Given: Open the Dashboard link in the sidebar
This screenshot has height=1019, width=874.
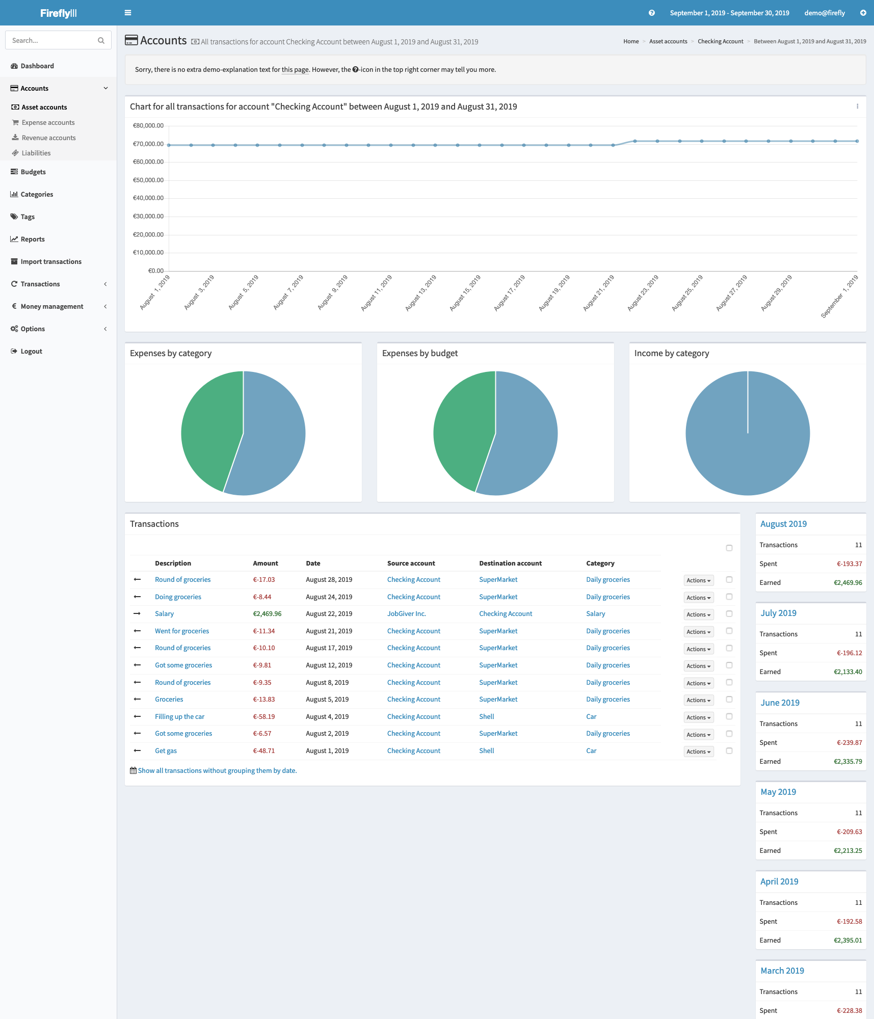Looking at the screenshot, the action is (x=37, y=66).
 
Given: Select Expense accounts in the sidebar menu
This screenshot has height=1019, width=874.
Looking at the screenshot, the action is (x=48, y=122).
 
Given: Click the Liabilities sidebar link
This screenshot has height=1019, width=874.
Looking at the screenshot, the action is (x=36, y=153).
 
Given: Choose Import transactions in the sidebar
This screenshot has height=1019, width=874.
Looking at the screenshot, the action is (x=51, y=261).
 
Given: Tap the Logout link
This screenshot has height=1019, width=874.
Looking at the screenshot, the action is (x=32, y=351).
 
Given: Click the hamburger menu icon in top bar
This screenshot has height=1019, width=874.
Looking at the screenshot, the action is (x=128, y=13).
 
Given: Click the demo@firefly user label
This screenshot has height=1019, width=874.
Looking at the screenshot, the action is (x=825, y=13).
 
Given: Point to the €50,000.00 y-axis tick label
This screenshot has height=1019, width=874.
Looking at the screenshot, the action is (x=148, y=180).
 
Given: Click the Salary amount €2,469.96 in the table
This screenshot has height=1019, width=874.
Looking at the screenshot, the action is (x=267, y=614).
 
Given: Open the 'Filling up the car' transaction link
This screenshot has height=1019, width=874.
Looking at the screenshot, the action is (x=179, y=716).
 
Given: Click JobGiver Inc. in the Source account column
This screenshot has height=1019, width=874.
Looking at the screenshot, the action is (x=406, y=614).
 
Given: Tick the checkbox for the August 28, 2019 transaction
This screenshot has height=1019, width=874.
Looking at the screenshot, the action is (x=729, y=580).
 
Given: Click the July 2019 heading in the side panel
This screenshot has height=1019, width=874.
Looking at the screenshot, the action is (x=778, y=613).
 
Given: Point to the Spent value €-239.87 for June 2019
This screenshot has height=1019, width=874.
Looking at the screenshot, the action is (x=850, y=742).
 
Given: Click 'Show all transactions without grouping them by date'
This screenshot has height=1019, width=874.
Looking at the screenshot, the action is (x=217, y=770).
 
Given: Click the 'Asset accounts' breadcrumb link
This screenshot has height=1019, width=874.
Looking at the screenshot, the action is (x=668, y=41).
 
